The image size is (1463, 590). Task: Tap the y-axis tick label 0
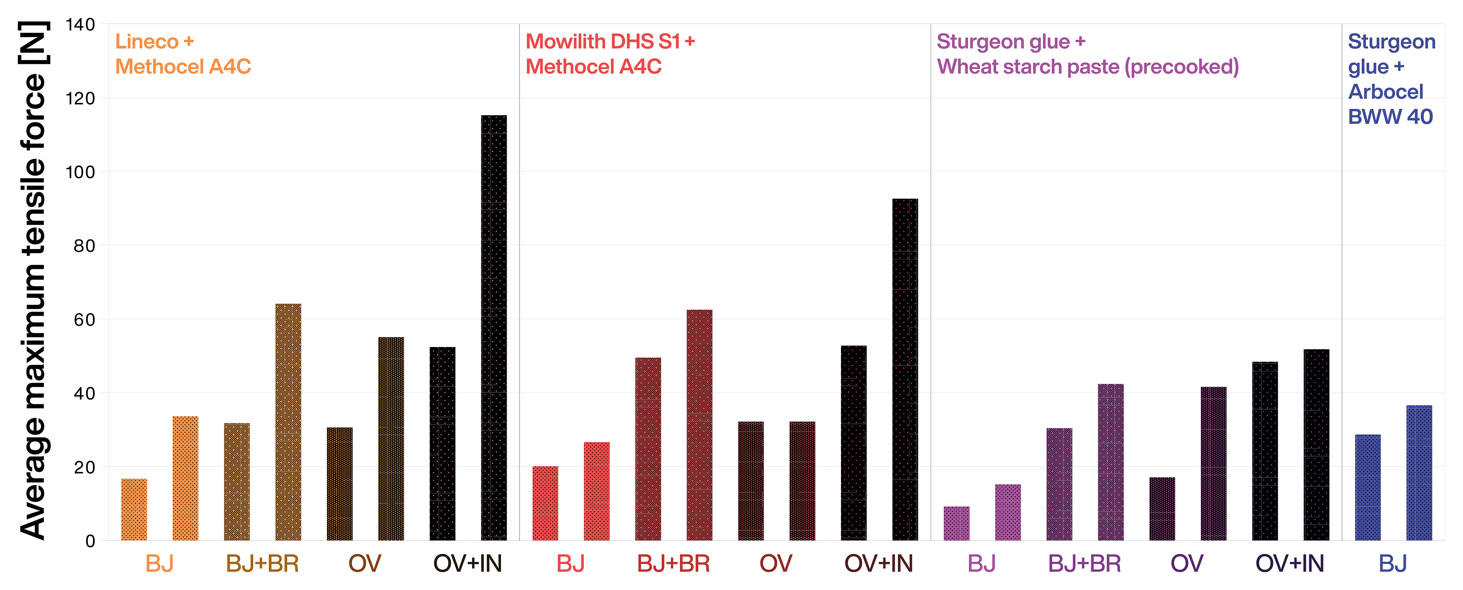click(x=90, y=541)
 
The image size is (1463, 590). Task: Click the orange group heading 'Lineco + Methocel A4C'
click(x=182, y=54)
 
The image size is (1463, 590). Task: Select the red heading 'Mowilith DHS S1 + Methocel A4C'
click(x=609, y=54)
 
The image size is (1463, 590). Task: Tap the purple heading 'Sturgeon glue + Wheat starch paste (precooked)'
click(x=1087, y=54)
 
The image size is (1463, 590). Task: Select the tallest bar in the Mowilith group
click(x=905, y=369)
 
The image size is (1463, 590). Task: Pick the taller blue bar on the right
click(x=1419, y=472)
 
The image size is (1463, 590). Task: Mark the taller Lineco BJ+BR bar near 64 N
click(x=288, y=422)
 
